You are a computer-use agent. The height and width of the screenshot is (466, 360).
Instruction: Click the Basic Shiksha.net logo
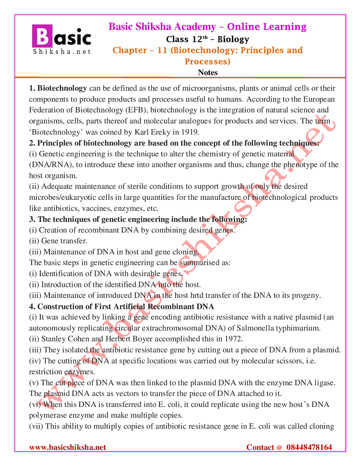click(x=61, y=39)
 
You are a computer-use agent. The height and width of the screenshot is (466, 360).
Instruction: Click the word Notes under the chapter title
click(x=207, y=73)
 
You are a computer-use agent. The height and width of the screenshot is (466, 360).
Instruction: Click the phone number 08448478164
click(x=309, y=447)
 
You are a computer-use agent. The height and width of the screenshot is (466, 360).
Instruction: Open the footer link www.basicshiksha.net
click(x=68, y=447)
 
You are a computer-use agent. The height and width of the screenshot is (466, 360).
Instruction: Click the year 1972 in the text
click(x=233, y=339)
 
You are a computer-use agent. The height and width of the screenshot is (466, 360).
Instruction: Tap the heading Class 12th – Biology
click(x=207, y=39)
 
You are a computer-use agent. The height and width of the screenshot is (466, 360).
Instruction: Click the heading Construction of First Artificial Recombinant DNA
click(x=126, y=307)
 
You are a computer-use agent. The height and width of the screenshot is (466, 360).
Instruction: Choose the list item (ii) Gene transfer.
click(x=59, y=241)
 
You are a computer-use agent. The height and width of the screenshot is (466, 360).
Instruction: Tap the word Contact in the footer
click(x=261, y=447)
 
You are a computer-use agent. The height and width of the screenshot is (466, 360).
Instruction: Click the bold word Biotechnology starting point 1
click(x=62, y=88)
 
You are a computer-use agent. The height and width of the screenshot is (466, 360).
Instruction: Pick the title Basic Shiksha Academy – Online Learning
click(x=207, y=26)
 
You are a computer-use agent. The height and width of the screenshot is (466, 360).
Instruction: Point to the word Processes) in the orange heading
click(x=207, y=61)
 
